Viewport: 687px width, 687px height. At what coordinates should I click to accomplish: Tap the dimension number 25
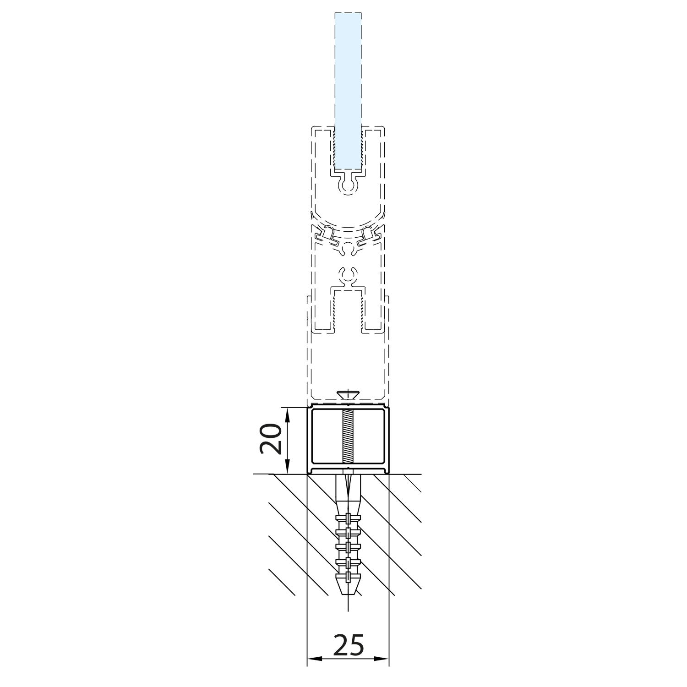click(349, 645)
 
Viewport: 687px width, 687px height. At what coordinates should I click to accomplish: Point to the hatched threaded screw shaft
click(348, 436)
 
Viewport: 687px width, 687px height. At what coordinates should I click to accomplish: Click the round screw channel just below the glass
click(348, 185)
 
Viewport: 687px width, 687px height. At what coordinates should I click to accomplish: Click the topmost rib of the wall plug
click(348, 518)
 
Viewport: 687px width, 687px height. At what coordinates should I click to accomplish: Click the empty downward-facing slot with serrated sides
click(348, 311)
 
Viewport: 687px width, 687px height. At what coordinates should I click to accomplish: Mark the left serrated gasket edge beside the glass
click(335, 149)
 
